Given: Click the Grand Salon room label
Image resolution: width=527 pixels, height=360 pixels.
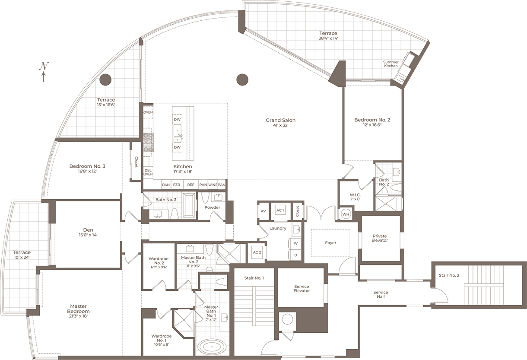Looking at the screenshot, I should [280, 120].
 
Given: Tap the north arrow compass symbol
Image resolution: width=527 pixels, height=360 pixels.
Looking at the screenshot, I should [44, 71].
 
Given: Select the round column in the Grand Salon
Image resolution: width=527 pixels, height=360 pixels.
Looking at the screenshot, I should [242, 80].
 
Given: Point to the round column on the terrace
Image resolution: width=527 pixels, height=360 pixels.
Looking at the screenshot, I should [105, 80].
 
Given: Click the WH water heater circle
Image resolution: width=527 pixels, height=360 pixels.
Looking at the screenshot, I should [346, 214].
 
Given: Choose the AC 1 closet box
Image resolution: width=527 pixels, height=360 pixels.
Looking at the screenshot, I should [280, 210].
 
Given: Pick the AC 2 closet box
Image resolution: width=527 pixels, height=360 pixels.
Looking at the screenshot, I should [257, 252].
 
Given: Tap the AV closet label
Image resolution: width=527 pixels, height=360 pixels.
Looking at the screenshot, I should [263, 211].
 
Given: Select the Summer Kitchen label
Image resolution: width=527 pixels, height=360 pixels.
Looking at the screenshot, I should [390, 64].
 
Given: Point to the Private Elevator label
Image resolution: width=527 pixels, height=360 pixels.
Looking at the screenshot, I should [380, 238].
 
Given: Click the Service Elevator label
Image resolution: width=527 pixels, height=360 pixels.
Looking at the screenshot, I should [302, 289].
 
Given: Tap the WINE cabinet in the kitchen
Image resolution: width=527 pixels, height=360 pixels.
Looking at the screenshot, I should [213, 185].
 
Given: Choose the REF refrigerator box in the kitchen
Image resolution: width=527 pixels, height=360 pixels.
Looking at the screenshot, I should [190, 185].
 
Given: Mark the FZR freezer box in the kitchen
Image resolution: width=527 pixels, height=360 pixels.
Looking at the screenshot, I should [177, 185].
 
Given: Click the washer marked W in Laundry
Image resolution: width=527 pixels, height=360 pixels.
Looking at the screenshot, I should [296, 243].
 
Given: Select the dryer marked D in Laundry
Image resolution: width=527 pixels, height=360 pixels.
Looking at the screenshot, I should [296, 255].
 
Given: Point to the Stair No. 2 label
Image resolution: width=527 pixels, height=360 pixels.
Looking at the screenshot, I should [449, 275].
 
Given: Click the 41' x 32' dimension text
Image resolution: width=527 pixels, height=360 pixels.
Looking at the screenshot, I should [280, 126].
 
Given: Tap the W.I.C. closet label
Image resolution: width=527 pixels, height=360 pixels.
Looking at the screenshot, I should [355, 195].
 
